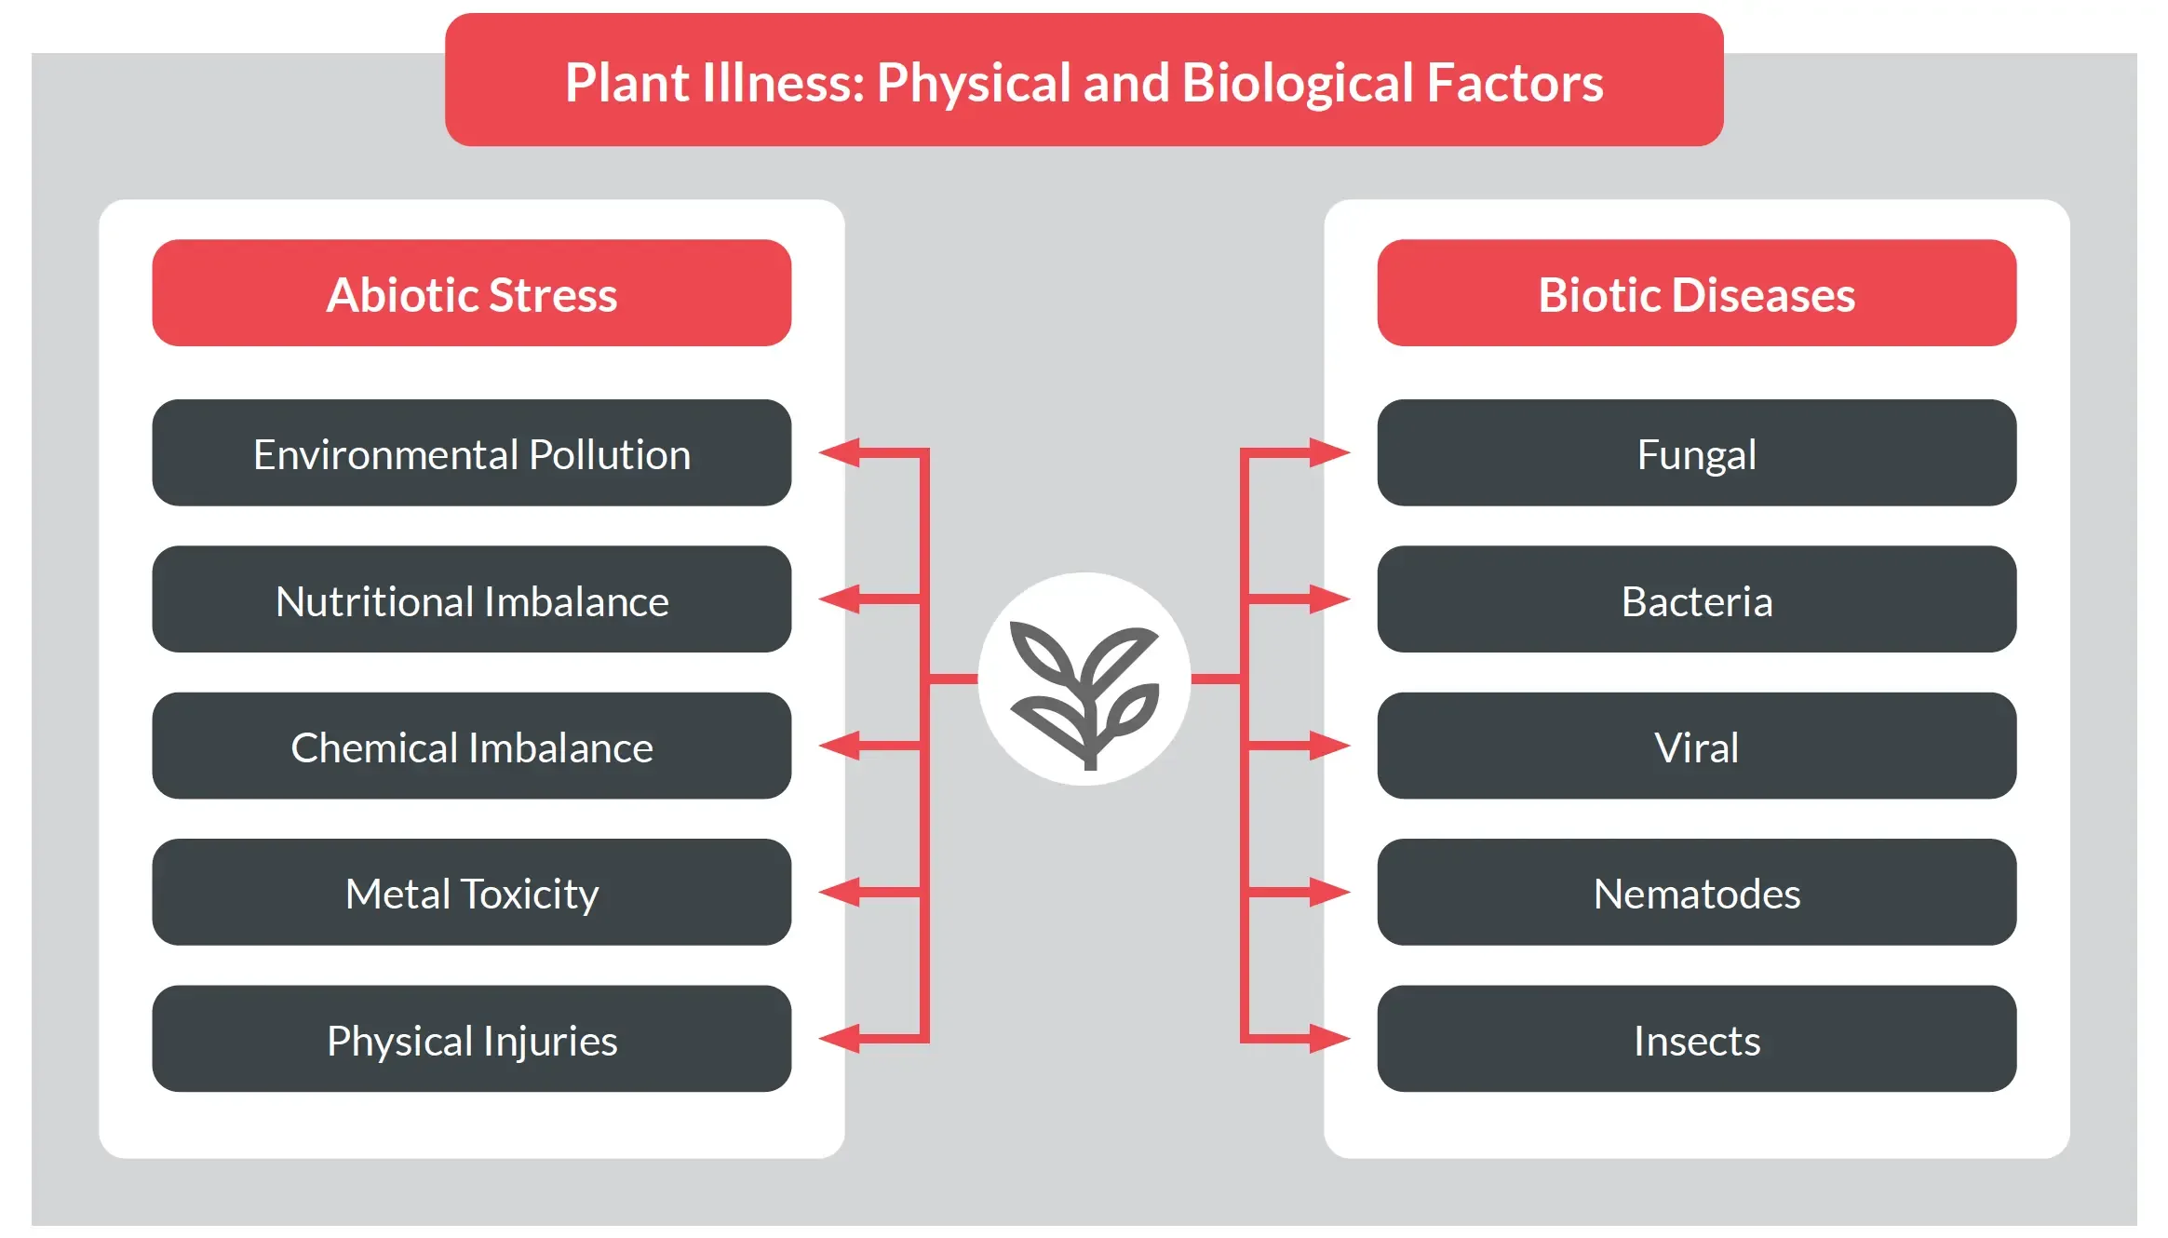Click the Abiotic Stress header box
point(472,293)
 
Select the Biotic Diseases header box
point(1697,293)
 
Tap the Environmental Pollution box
point(472,453)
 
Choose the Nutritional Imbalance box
point(472,599)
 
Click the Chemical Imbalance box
point(472,746)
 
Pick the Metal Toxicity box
point(472,893)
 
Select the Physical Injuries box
point(472,1039)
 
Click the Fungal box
point(1697,453)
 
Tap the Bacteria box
point(1697,599)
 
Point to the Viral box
point(1697,746)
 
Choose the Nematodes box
point(1697,893)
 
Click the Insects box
point(1697,1039)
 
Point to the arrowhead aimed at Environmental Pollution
point(840,453)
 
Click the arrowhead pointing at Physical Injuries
point(840,1039)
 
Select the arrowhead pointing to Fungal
point(1329,453)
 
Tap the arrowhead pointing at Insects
point(1329,1039)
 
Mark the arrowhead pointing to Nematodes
point(1329,893)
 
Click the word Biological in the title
point(1298,84)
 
